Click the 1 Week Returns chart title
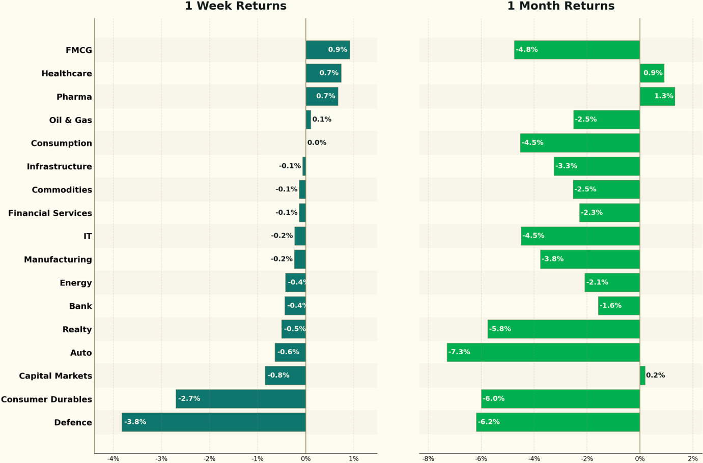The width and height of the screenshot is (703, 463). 236,6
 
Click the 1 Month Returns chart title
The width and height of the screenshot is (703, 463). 561,6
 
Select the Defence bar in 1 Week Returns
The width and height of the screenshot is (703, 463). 214,422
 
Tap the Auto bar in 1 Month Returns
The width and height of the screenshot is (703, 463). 543,352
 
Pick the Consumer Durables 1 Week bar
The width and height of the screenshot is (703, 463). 241,399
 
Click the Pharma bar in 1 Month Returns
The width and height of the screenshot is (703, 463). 658,96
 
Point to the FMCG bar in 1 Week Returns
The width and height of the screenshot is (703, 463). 328,49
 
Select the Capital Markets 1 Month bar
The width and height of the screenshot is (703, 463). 642,375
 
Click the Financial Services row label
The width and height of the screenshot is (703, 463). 50,213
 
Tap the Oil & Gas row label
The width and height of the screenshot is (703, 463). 71,120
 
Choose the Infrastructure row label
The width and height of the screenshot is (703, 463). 60,166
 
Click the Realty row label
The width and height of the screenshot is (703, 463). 77,330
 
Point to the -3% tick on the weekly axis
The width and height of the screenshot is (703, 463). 161,459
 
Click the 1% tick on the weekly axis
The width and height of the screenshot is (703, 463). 354,459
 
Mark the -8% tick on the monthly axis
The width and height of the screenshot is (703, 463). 428,459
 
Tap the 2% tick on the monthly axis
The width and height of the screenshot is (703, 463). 693,459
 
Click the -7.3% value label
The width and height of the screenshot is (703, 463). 459,352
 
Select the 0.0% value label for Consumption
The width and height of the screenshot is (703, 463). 317,143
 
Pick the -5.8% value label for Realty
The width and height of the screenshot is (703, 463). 500,329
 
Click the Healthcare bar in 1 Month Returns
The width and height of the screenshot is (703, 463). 652,73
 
